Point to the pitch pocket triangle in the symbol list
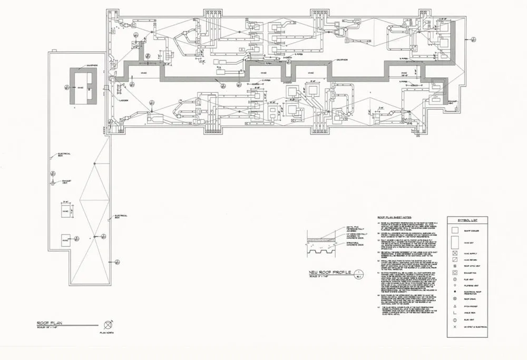coord(454,305)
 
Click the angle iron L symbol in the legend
coord(454,313)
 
